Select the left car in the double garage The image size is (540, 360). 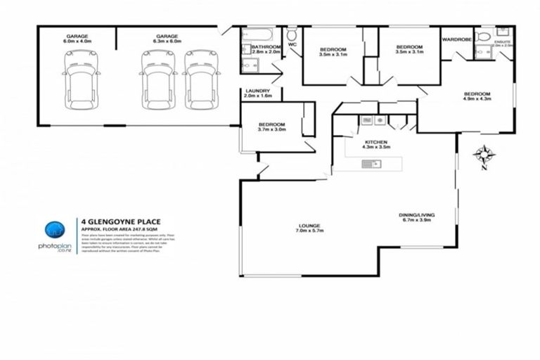click(x=155, y=79)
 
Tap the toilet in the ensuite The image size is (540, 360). click(x=484, y=36)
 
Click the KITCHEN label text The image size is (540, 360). click(x=375, y=142)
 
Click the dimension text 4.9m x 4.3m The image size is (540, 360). click(x=476, y=99)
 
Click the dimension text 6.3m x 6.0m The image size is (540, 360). click(x=167, y=41)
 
